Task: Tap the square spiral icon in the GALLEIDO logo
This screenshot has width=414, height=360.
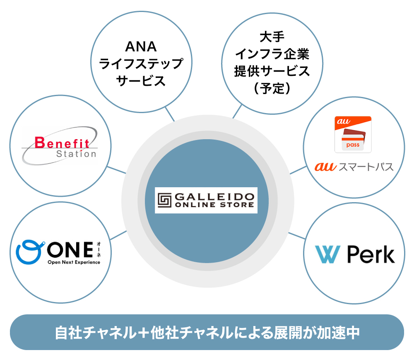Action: [x=165, y=200]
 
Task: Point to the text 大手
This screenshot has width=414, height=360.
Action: [x=272, y=37]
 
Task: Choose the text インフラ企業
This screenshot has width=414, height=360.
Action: [x=272, y=54]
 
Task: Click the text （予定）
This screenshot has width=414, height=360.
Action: [x=272, y=88]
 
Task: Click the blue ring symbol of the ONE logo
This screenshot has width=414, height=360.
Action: [x=29, y=251]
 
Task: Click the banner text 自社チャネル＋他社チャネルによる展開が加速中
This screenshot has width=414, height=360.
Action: [x=207, y=333]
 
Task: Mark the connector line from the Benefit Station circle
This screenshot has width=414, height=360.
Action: [x=117, y=170]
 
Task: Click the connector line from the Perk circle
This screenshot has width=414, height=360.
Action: [x=296, y=236]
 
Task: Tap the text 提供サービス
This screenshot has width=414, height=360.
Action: [x=272, y=71]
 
